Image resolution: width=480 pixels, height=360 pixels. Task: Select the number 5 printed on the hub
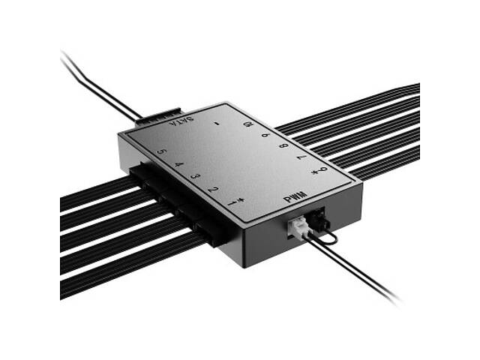coord(160,152)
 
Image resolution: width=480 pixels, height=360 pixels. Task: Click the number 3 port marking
coord(195,176)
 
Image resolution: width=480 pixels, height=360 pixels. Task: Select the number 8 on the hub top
coord(283,145)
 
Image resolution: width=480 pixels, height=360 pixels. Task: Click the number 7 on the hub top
coord(302,158)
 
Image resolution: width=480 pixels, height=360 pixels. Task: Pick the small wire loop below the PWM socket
coord(328,240)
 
